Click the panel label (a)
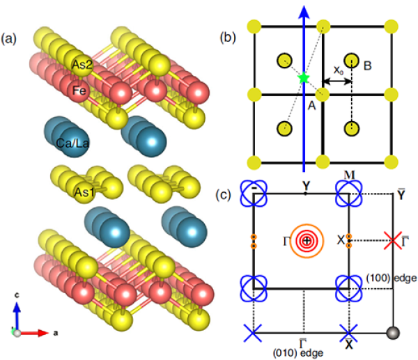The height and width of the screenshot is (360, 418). [x=11, y=37]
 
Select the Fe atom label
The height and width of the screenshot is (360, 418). [x=77, y=90]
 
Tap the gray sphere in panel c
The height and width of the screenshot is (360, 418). [x=393, y=332]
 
